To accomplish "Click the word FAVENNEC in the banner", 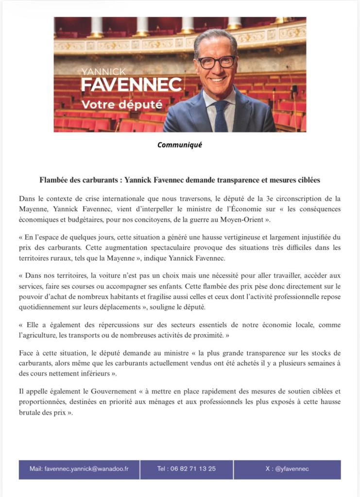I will pyautogui.click(x=131, y=85).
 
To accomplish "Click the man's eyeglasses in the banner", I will pyautogui.click(x=215, y=62).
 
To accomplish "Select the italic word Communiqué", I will pyautogui.click(x=179, y=145).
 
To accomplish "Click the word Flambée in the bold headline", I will pyautogui.click(x=55, y=180).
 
